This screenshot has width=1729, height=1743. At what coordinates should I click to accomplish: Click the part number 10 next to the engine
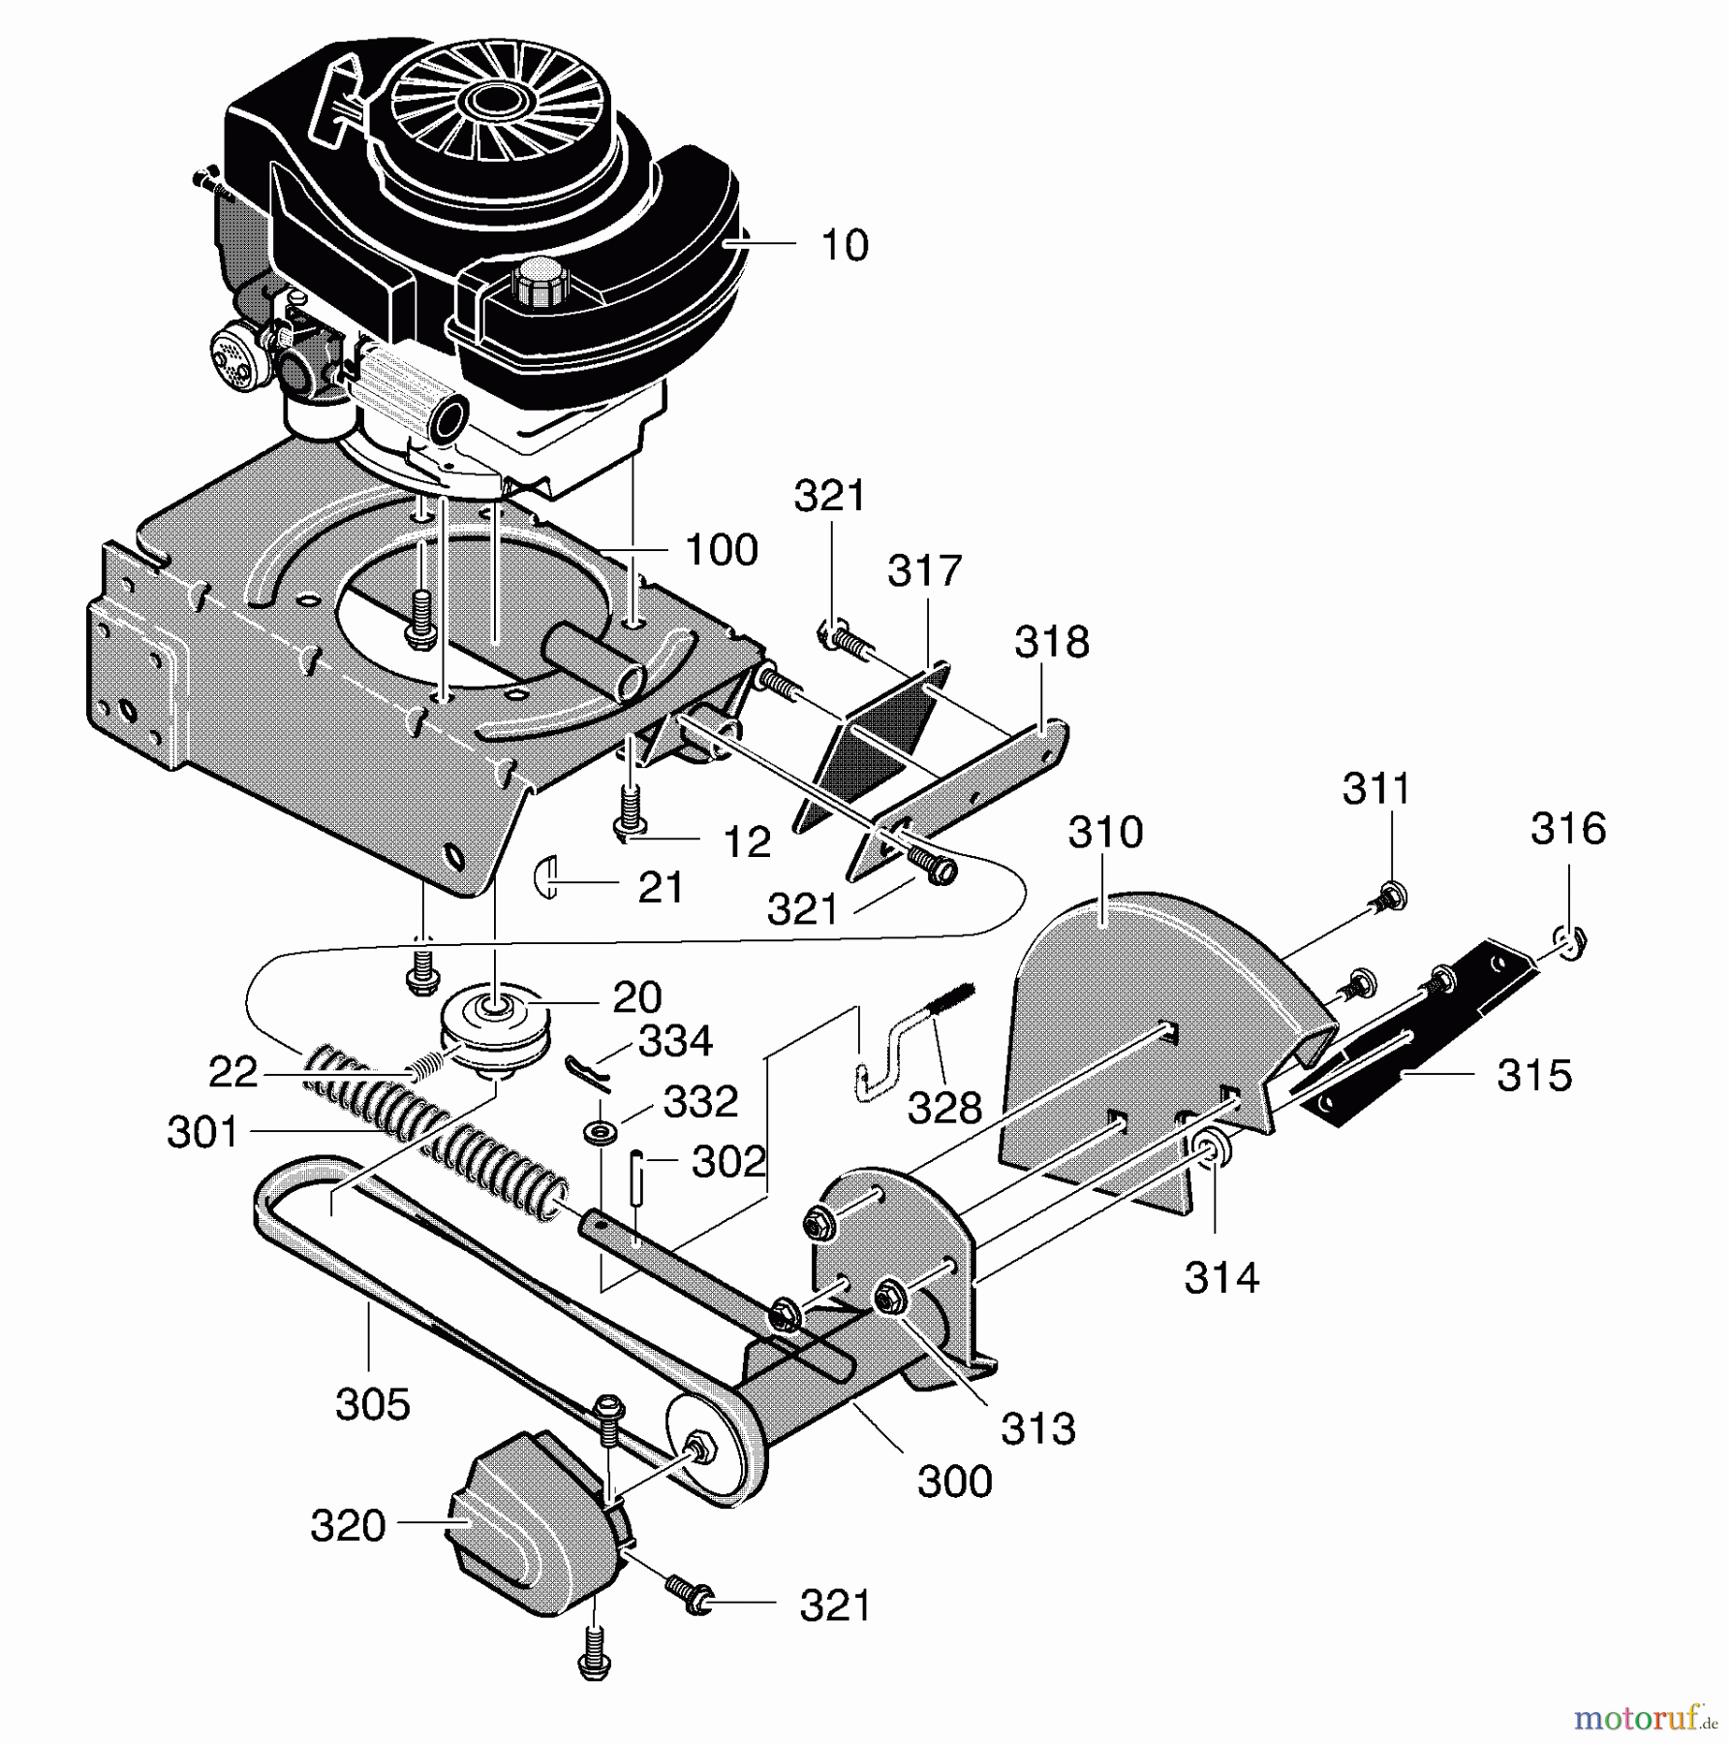pyautogui.click(x=844, y=245)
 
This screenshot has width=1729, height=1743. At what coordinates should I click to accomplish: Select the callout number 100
pyautogui.click(x=721, y=550)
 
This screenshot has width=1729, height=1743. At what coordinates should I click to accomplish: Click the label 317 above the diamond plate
pyautogui.click(x=924, y=570)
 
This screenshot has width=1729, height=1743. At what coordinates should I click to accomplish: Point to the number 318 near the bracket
pyautogui.click(x=1052, y=641)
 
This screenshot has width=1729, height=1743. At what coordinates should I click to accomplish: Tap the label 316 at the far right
pyautogui.click(x=1567, y=829)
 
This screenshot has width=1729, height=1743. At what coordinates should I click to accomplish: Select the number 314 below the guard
pyautogui.click(x=1221, y=1278)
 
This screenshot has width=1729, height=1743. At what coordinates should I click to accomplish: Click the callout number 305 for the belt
pyautogui.click(x=373, y=1404)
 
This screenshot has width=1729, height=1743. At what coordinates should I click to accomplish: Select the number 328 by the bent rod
pyautogui.click(x=944, y=1109)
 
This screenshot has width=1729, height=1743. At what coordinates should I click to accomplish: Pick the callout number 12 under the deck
pyautogui.click(x=747, y=842)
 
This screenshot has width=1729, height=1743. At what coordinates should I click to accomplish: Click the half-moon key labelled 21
pyautogui.click(x=546, y=876)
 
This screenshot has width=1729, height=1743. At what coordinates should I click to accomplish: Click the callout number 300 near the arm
pyautogui.click(x=954, y=1482)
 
